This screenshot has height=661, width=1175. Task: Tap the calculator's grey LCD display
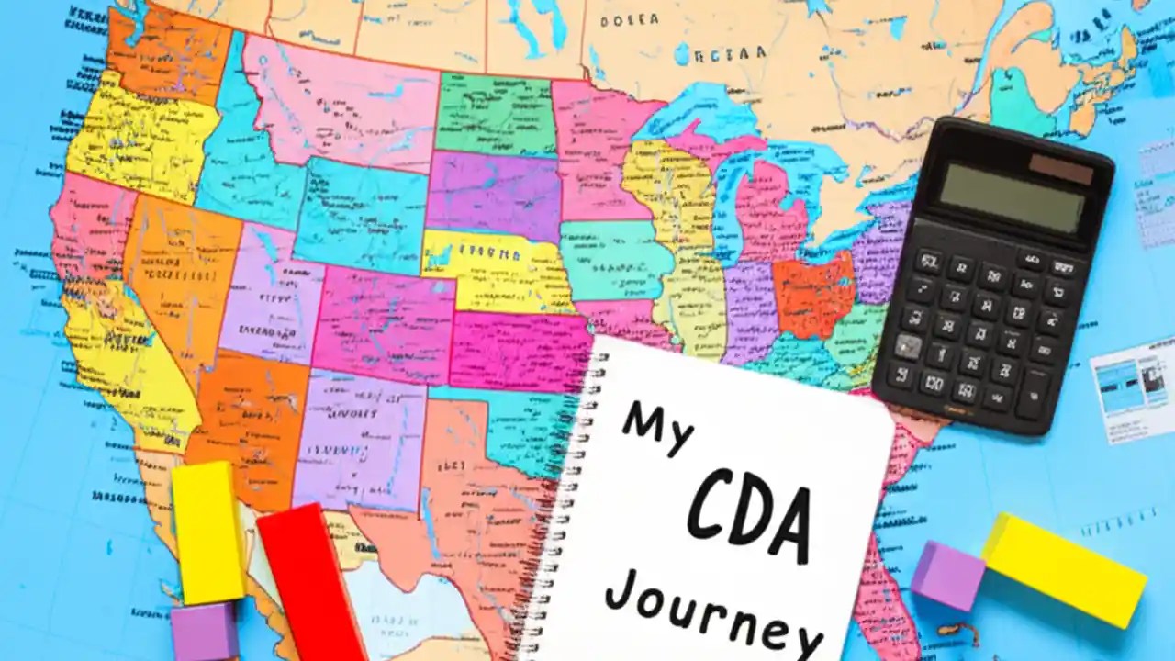click(1012, 196)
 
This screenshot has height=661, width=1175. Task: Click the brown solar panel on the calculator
click(1061, 169)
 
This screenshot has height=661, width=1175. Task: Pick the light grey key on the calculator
click(908, 346)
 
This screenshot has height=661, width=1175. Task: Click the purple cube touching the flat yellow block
click(947, 576)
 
